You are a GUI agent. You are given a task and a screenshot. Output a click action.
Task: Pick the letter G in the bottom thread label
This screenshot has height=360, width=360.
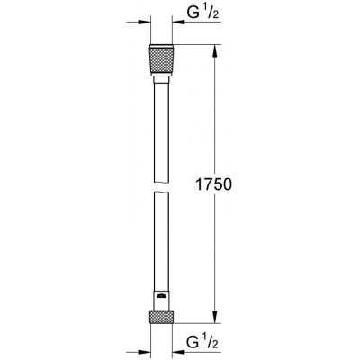coord(191,342)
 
